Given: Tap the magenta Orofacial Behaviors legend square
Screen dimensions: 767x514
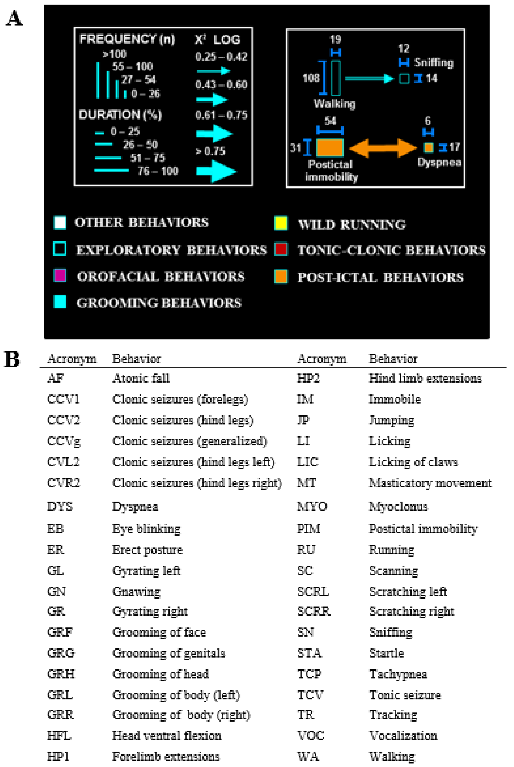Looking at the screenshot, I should pyautogui.click(x=60, y=275).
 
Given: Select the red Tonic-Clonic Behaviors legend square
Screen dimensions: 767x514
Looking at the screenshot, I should pyautogui.click(x=281, y=249).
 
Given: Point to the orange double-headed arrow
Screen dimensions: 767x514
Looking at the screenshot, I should pyautogui.click(x=383, y=148).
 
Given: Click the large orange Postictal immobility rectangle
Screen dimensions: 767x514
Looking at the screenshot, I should pyautogui.click(x=330, y=148).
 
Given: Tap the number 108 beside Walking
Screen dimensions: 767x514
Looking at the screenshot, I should pyautogui.click(x=311, y=78).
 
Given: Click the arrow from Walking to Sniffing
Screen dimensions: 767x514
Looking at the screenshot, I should pyautogui.click(x=369, y=78).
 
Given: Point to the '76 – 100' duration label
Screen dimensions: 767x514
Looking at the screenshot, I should pyautogui.click(x=158, y=171).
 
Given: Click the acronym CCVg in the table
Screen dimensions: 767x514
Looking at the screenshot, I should pyautogui.click(x=64, y=441).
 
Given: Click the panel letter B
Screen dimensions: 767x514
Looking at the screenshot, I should pyautogui.click(x=12, y=359).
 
